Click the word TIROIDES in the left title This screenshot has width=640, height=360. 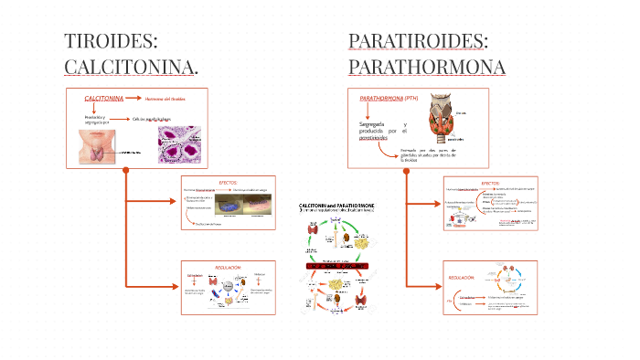pos(111,41)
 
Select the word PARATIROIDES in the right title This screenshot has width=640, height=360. pos(418,41)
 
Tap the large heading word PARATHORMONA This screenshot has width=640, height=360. pos(426,66)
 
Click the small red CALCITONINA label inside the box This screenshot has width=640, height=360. pos(103,98)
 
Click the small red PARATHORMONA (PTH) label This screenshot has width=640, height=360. pos(389,98)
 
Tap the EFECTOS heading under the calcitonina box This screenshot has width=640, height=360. pos(229,182)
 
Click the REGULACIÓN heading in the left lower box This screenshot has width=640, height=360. pos(228,267)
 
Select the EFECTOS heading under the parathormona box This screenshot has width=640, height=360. pos(490,183)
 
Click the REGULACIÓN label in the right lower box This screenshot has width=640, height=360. pos(461,277)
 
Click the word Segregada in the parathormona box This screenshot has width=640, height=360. pos(371,123)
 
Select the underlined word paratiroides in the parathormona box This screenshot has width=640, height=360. pos(375,139)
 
